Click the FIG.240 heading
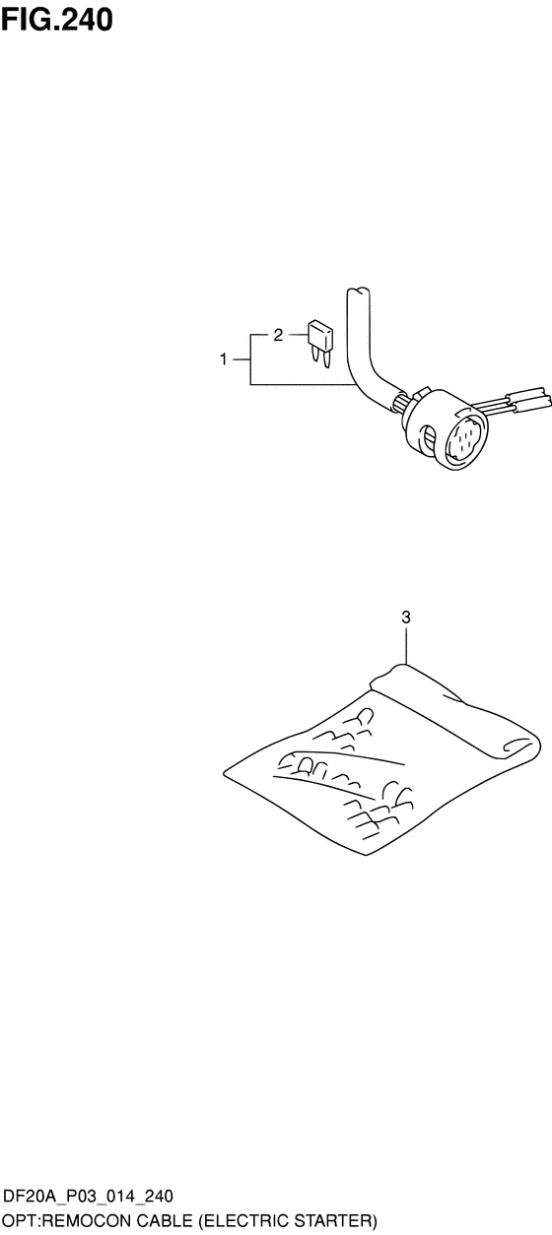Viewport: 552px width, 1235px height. [x=57, y=19]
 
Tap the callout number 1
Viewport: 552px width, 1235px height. [x=223, y=359]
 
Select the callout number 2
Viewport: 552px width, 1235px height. [x=278, y=335]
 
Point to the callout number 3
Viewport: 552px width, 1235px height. [x=406, y=617]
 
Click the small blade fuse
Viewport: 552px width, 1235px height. [x=320, y=344]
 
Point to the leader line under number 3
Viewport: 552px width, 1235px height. [x=406, y=645]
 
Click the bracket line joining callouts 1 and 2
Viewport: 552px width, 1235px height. [x=250, y=359]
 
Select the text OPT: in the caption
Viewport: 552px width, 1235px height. [x=20, y=1220]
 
